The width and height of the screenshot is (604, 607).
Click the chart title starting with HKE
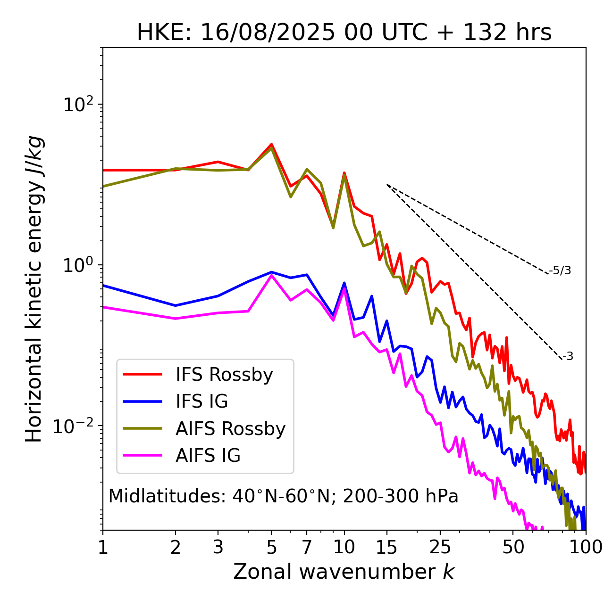344,33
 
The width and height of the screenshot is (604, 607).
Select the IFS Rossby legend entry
224,375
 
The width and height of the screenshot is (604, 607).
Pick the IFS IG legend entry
201,402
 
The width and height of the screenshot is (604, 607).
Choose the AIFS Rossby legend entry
230,429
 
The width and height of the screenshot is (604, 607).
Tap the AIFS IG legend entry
208,456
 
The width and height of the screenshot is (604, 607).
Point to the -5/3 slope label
561,271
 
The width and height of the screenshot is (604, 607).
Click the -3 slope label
568,357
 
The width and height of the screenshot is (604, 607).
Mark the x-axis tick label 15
386,547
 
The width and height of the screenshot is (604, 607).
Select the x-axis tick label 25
440,547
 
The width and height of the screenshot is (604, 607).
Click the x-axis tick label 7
307,547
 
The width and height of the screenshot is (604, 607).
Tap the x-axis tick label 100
585,547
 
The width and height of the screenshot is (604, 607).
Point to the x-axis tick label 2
176,547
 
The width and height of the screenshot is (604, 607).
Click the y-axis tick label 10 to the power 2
78,105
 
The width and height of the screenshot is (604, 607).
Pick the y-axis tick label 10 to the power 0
78,265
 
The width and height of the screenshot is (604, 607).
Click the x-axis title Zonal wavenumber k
344,572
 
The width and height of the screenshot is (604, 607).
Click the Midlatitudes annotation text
283,496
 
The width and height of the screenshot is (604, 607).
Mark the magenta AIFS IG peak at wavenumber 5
271,275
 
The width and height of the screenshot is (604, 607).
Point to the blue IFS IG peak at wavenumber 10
344,283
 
